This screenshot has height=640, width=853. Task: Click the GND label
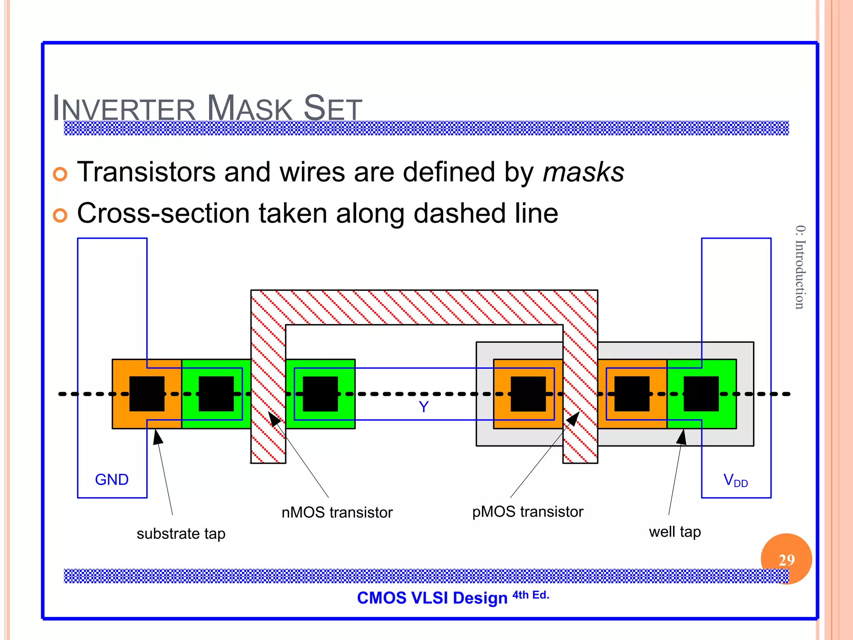pyautogui.click(x=112, y=480)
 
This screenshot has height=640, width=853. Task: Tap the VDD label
pyautogui.click(x=736, y=480)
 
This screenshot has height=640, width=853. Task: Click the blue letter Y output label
pyautogui.click(x=424, y=407)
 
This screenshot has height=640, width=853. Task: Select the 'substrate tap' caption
pyautogui.click(x=181, y=534)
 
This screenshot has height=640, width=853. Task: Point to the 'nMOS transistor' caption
pyautogui.click(x=337, y=512)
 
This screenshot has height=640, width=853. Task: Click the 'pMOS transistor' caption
pyautogui.click(x=527, y=512)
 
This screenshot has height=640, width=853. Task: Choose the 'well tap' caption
pyautogui.click(x=675, y=532)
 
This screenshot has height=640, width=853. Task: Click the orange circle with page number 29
pyautogui.click(x=786, y=559)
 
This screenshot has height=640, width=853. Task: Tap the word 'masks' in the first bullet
pyautogui.click(x=584, y=172)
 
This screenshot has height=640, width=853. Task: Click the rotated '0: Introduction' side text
pyautogui.click(x=800, y=267)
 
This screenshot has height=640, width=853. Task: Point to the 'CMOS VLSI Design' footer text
pyautogui.click(x=432, y=598)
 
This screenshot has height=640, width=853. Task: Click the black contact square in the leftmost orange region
pyautogui.click(x=147, y=394)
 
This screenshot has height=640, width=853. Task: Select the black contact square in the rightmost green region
pyautogui.click(x=701, y=394)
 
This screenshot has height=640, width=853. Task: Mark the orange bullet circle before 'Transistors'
pyautogui.click(x=60, y=174)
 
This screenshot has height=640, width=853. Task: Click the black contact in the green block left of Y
pyautogui.click(x=320, y=394)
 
